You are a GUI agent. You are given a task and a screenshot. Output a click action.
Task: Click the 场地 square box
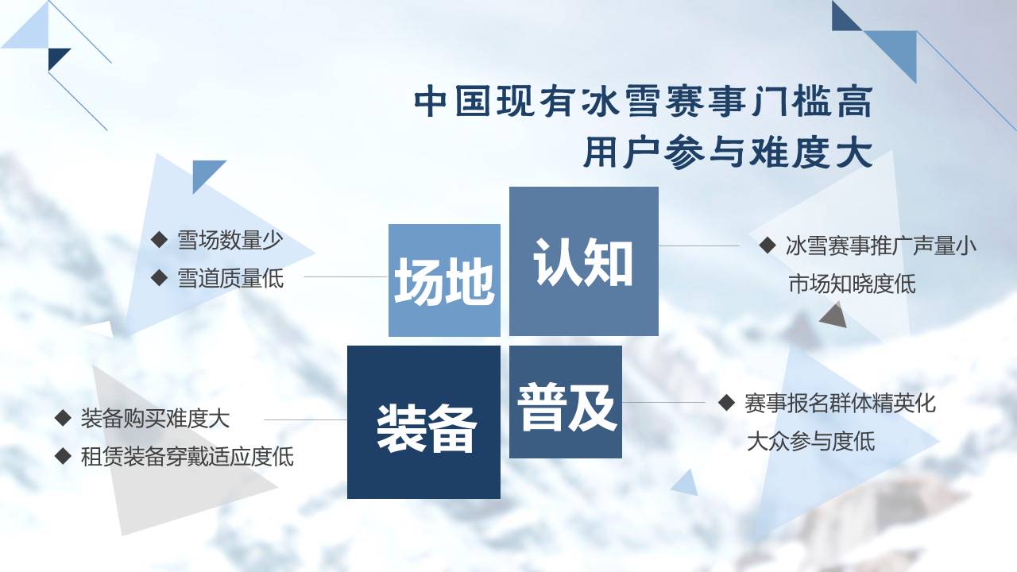(x=444, y=280)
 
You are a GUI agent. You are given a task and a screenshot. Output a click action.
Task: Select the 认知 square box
(x=583, y=261)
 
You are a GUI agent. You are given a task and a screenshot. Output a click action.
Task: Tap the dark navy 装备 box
(x=423, y=422)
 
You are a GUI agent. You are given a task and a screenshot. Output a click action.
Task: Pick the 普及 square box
(x=566, y=402)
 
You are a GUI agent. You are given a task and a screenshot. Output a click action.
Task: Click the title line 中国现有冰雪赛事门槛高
(x=643, y=103)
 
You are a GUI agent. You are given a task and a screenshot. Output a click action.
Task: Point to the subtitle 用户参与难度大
(x=727, y=153)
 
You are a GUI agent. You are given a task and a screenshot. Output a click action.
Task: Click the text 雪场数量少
(x=230, y=240)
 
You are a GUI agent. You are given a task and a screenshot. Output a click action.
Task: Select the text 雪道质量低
(x=230, y=278)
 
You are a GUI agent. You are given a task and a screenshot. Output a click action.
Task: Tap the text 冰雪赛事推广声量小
(x=880, y=245)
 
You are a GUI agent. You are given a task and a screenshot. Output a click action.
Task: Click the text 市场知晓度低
(x=852, y=284)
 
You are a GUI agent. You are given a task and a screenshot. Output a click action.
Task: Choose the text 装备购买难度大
(x=155, y=418)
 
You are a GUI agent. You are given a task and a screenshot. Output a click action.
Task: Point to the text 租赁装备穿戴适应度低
(x=187, y=456)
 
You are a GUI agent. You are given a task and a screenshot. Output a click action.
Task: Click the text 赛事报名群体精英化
(x=840, y=403)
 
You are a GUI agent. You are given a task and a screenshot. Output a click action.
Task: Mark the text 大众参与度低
(x=810, y=441)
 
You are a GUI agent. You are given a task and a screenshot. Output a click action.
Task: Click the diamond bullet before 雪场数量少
(x=160, y=239)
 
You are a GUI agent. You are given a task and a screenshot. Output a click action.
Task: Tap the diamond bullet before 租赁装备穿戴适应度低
(x=63, y=455)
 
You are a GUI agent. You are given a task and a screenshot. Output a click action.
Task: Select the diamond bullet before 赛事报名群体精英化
(x=726, y=402)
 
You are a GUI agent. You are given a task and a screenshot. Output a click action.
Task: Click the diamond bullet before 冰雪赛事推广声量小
(x=768, y=245)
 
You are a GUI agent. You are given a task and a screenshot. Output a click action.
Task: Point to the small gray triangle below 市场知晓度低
(x=833, y=316)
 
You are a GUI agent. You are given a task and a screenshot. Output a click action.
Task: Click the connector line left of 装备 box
(x=305, y=419)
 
